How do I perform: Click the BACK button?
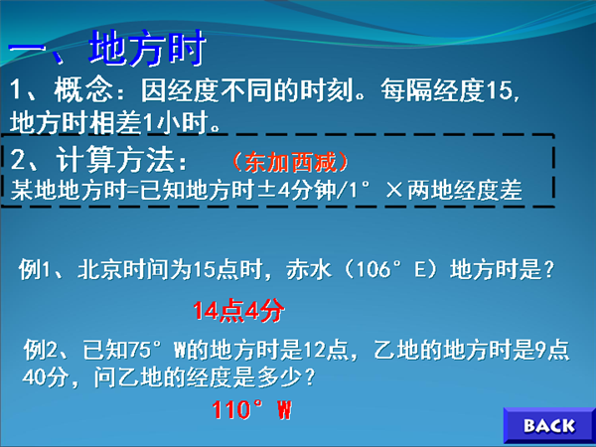click(549, 425)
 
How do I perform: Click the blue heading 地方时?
click(147, 49)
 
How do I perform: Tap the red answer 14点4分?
click(238, 311)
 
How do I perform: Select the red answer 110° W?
click(252, 409)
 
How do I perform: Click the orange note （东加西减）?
click(290, 162)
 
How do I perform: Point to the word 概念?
click(83, 90)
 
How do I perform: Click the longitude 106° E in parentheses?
click(392, 269)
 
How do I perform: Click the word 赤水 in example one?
click(309, 269)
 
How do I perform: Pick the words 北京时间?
click(123, 269)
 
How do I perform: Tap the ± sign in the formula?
click(267, 190)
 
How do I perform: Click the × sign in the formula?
click(393, 190)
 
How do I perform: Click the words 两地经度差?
click(465, 190)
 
